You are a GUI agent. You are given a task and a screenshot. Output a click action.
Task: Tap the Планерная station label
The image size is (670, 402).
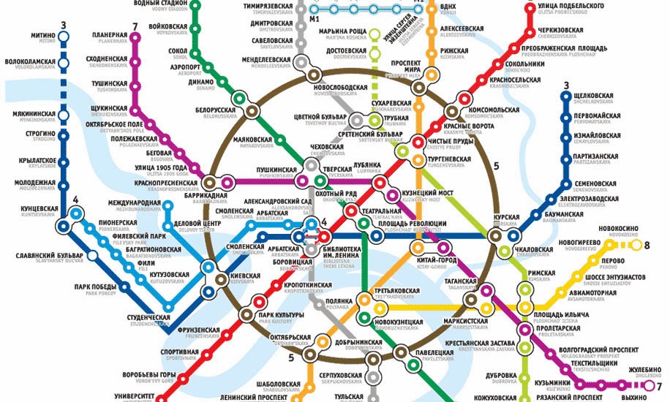(x=110, y=36)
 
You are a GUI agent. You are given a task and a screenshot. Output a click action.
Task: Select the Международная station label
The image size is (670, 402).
(x=134, y=202)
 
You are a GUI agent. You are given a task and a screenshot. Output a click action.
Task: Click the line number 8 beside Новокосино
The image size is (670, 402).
(x=646, y=246)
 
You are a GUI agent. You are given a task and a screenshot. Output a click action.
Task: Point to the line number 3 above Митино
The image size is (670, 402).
(x=64, y=26)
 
